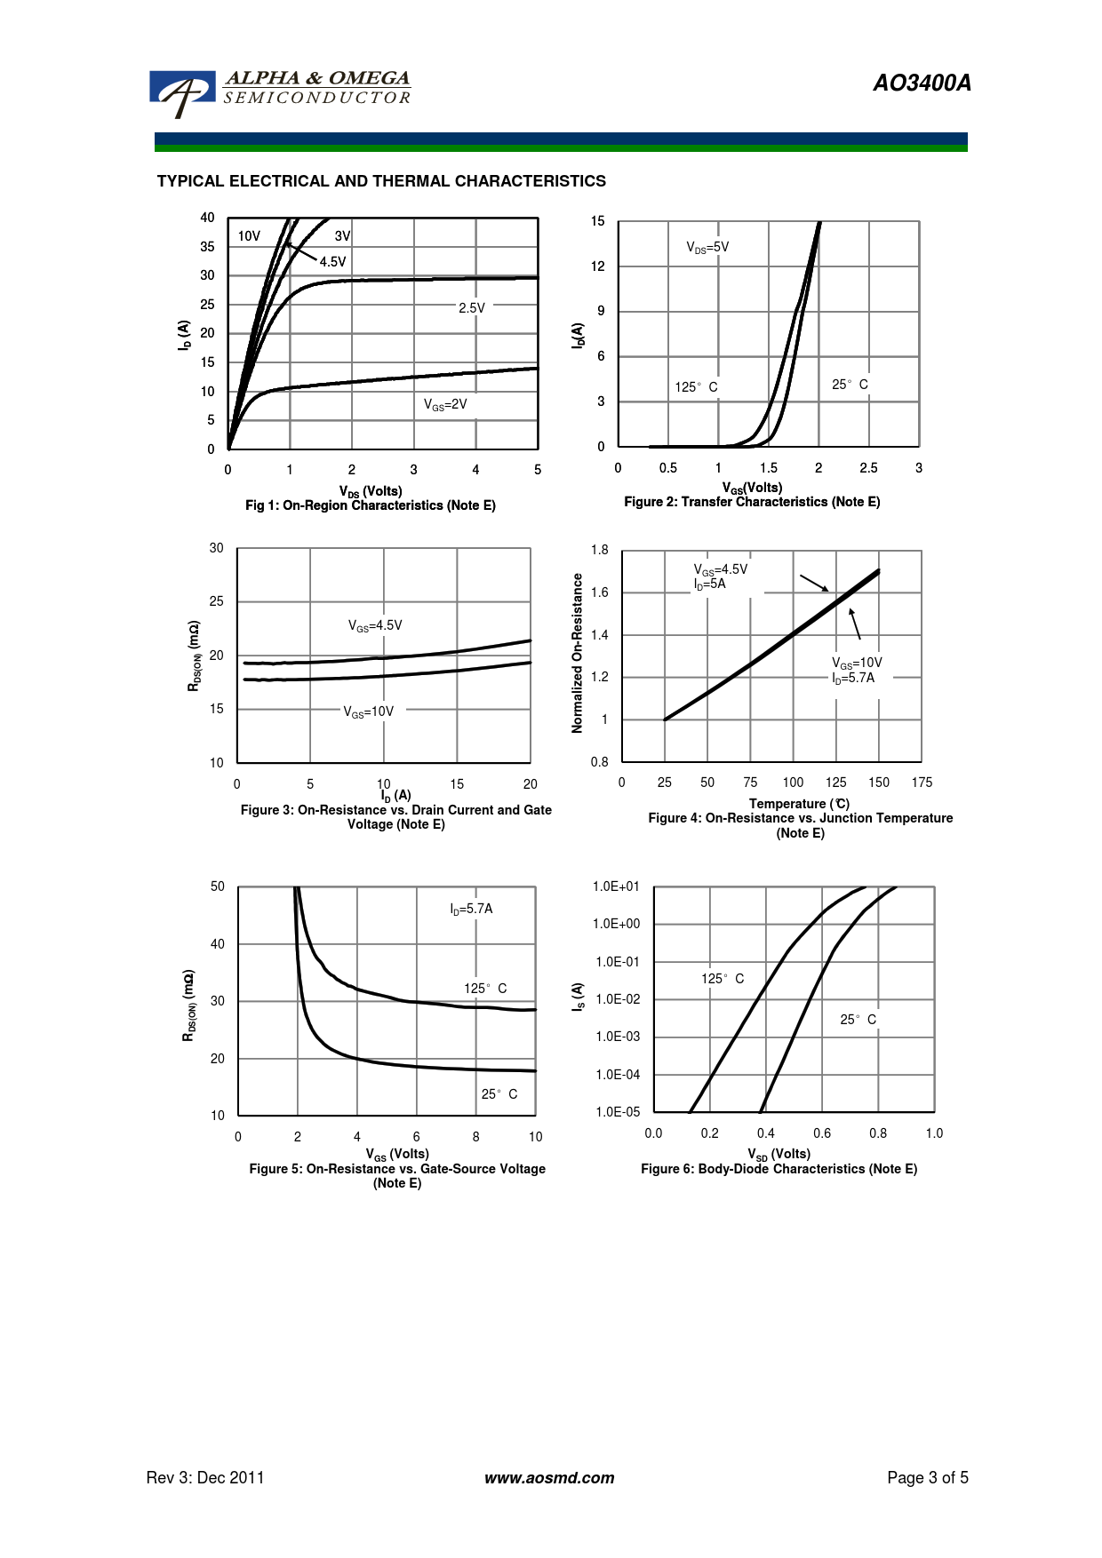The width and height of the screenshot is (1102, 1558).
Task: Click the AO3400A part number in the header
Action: (922, 83)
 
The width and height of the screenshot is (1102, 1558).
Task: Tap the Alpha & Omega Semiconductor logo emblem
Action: (183, 91)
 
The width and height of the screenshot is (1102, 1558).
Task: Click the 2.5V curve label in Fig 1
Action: (472, 308)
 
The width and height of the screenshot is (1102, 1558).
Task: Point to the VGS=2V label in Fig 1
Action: (445, 405)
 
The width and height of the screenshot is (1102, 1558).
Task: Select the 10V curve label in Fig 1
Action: (249, 236)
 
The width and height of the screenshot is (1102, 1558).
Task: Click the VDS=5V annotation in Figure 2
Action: (707, 247)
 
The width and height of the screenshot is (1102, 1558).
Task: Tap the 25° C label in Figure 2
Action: (850, 385)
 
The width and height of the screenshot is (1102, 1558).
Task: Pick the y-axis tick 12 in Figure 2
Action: (598, 266)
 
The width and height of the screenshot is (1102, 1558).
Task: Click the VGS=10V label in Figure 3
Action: (369, 711)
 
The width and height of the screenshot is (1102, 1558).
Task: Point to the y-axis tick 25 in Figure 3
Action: (217, 601)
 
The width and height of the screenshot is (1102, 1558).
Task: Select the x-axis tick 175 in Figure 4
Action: (922, 783)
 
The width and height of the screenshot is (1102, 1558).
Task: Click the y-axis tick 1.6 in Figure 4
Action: (600, 592)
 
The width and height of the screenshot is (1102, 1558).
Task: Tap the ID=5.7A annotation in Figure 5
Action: (471, 909)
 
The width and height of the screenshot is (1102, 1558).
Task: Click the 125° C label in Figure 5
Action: (485, 988)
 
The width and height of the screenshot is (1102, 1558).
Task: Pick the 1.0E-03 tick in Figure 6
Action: (618, 1037)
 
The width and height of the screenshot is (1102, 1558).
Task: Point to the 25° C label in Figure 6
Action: (858, 1020)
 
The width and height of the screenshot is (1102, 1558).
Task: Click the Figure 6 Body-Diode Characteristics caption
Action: (779, 1169)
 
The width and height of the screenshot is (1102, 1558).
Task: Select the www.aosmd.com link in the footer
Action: (549, 1478)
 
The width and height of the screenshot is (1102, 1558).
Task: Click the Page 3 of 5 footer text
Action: (928, 1478)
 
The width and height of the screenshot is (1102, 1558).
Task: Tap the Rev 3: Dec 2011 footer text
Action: (205, 1478)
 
